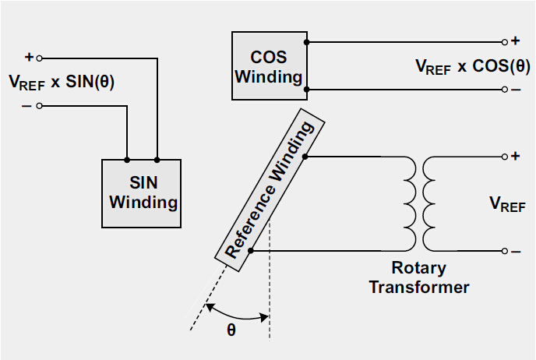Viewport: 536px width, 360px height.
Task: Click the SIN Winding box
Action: [142, 193]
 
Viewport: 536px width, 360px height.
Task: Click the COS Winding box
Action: [269, 65]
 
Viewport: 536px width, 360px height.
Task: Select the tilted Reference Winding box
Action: [269, 191]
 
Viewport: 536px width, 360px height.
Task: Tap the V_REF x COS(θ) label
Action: [472, 66]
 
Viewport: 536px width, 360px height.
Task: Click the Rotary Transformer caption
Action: [419, 278]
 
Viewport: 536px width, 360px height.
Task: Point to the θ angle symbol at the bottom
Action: [231, 329]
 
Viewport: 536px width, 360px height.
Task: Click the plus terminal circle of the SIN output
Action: [40, 58]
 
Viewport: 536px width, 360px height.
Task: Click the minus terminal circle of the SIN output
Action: [40, 107]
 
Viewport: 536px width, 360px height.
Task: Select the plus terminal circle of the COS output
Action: [505, 41]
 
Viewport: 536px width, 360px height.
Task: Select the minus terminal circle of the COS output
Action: [505, 90]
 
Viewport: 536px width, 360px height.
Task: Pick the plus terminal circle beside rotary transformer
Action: [505, 157]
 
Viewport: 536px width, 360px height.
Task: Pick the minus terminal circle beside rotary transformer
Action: [505, 251]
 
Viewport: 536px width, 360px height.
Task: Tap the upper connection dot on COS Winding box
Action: [306, 41]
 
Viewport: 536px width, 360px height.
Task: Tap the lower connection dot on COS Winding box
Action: [306, 90]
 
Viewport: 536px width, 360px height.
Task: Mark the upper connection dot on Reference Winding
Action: [305, 157]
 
